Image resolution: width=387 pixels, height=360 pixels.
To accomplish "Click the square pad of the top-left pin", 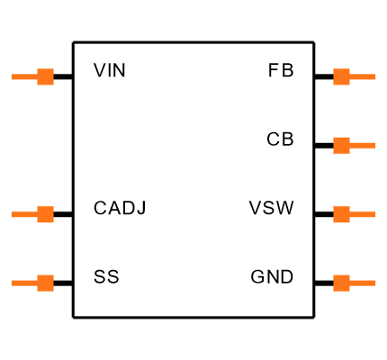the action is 45,76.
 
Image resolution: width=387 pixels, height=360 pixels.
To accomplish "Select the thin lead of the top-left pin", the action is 24,76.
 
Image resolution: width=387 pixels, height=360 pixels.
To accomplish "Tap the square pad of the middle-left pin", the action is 45,214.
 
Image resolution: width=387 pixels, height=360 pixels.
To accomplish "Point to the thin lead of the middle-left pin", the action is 24,214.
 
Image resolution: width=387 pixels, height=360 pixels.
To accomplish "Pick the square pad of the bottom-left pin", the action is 45,283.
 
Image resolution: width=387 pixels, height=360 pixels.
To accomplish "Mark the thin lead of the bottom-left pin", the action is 24,283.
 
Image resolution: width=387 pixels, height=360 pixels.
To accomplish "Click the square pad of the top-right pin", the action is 341,76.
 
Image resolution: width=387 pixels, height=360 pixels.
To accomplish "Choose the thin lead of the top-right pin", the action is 363,76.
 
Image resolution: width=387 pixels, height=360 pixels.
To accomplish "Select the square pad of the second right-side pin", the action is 341,145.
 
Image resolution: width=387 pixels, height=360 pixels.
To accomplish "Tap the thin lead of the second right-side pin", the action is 363,145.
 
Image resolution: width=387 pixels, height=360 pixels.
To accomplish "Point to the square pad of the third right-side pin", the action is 341,214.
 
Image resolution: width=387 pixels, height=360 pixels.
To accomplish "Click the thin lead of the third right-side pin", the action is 363,214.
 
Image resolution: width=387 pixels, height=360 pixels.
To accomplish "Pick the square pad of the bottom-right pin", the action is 341,283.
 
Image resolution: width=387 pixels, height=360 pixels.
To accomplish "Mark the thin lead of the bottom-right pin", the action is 363,283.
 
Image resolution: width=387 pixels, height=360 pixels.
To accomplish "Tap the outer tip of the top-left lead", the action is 13,76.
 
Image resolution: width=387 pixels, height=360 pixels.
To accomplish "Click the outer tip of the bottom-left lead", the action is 13,283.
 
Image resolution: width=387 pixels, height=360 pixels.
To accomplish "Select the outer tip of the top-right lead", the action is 374,76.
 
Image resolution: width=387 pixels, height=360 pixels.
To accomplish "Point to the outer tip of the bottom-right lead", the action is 374,283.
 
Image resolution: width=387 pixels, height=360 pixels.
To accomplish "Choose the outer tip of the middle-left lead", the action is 13,214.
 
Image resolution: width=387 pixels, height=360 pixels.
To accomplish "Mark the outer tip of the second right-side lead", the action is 374,145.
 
